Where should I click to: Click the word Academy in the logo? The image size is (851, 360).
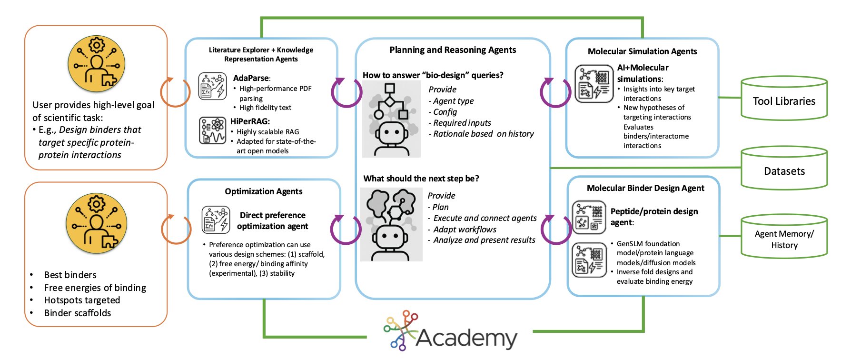(466, 338)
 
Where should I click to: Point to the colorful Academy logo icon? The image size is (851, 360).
(401, 330)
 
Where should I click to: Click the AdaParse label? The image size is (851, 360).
(251, 78)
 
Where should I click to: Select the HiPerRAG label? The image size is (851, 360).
(250, 121)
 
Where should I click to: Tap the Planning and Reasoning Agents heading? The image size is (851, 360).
(453, 50)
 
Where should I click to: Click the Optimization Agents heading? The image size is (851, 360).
(263, 191)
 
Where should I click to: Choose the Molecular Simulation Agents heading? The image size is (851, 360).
(642, 51)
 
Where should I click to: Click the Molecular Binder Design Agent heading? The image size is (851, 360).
(645, 188)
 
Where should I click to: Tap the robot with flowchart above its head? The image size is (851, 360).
(391, 119)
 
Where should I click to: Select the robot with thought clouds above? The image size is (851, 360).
(391, 224)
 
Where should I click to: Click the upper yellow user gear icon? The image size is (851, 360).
(97, 64)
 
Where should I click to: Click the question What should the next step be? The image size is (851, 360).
(421, 179)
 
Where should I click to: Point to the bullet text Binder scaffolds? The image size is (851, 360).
(77, 313)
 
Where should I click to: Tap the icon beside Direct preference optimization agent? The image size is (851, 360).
(216, 220)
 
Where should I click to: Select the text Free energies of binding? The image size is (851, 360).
(95, 288)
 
